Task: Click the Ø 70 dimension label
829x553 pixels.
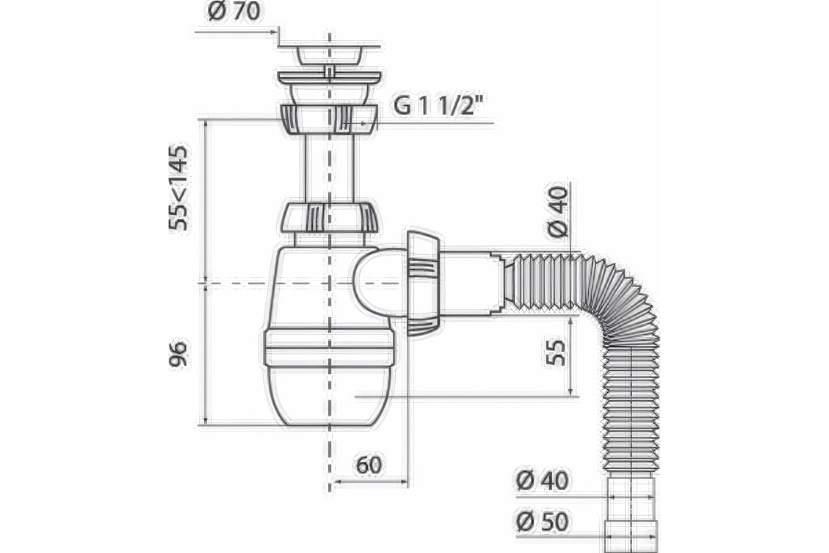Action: (234, 12)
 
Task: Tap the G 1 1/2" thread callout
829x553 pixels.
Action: (439, 105)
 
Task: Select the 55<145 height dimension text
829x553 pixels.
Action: (179, 189)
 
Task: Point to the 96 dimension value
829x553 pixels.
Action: (178, 355)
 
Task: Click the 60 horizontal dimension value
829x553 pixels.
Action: (369, 465)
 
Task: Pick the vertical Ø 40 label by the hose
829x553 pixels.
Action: (558, 212)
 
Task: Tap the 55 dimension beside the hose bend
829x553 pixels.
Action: (556, 353)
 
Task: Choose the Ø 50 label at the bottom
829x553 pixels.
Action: (542, 522)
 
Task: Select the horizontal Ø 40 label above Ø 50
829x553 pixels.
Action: (542, 481)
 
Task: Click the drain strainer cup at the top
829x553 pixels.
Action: (330, 55)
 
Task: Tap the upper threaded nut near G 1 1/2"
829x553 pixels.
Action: (329, 120)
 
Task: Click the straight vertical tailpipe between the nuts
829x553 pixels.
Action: (330, 169)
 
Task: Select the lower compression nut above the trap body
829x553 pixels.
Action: (329, 218)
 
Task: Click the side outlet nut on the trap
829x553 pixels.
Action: (423, 283)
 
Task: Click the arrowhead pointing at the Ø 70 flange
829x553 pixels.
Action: (274, 32)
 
